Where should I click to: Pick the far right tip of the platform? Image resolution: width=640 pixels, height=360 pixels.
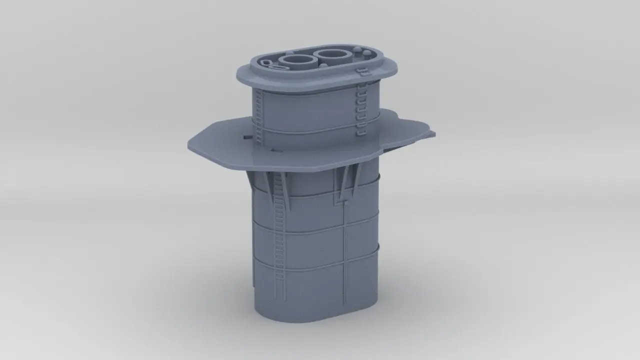[x=433, y=133]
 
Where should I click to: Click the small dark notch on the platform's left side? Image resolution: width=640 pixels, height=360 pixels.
[x=246, y=135]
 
